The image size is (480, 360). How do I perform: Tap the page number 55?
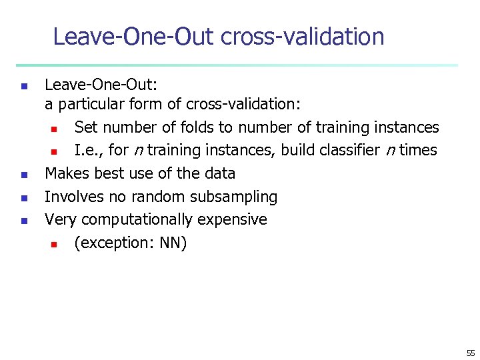point(471,353)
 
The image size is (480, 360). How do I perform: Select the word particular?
point(87,105)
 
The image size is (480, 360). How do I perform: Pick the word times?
point(418,150)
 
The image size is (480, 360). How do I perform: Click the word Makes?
point(66,173)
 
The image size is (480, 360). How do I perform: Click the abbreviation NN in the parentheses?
point(173,243)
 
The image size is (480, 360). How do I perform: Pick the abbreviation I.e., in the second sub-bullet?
point(87,150)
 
